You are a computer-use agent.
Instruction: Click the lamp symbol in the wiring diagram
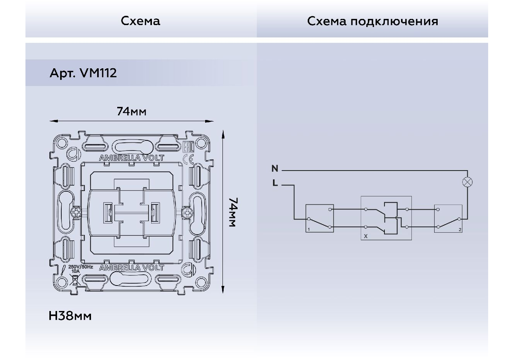[x=467, y=182]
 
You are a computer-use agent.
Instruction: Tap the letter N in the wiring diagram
[x=275, y=169]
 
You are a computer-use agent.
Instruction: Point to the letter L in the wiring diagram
[x=275, y=183]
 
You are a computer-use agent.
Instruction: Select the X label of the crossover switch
[x=366, y=236]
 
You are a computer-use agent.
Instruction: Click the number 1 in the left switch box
[x=308, y=229]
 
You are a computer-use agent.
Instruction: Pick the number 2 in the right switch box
[x=460, y=230]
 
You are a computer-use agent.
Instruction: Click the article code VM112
[x=98, y=73]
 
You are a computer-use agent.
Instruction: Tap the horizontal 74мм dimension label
[x=131, y=112]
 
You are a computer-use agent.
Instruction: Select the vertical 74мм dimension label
[x=233, y=212]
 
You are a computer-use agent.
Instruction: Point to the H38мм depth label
[x=70, y=316]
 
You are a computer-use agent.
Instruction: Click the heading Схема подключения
[x=372, y=21]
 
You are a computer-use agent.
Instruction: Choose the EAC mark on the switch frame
[x=188, y=147]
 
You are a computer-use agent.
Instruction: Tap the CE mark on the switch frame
[x=189, y=159]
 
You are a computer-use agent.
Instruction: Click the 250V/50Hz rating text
[x=81, y=267]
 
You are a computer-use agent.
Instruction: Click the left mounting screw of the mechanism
[x=76, y=212]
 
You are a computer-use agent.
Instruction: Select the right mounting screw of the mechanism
[x=187, y=212]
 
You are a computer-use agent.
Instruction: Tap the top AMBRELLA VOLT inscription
[x=132, y=158]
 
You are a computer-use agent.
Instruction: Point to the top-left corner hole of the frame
[x=61, y=143]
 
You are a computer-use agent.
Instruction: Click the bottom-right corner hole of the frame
[x=201, y=281]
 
